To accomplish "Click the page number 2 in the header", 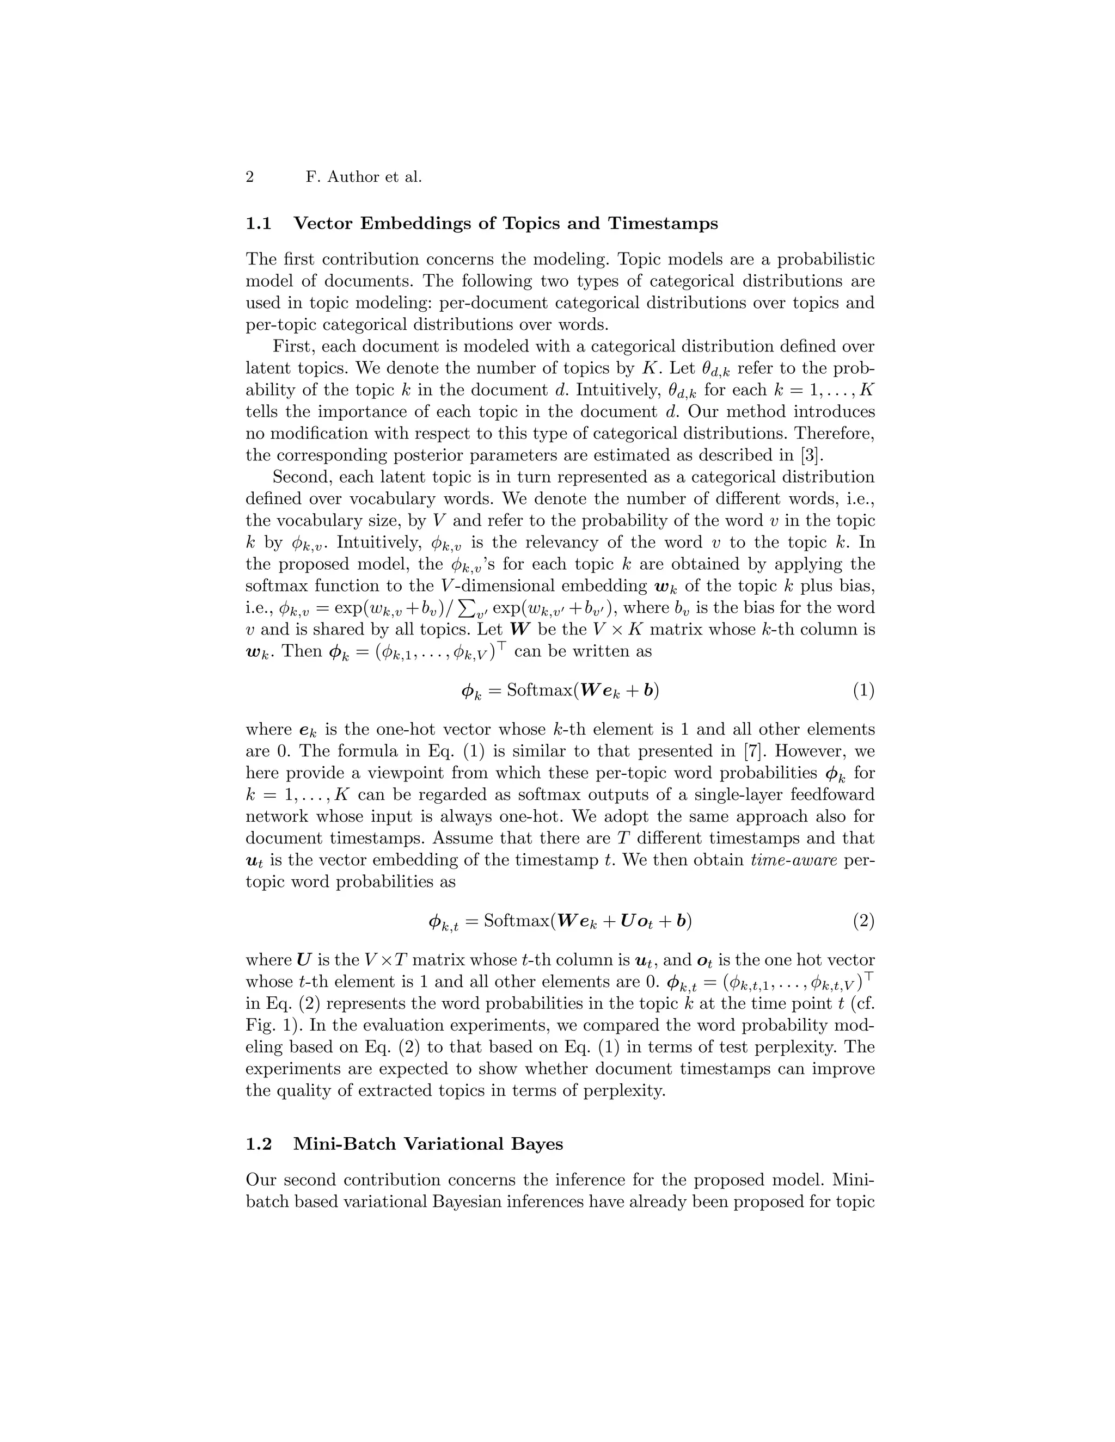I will coord(250,177).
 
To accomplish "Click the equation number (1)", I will coord(863,691).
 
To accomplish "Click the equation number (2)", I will coord(863,920).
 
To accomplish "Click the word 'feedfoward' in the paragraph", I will coord(826,795).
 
